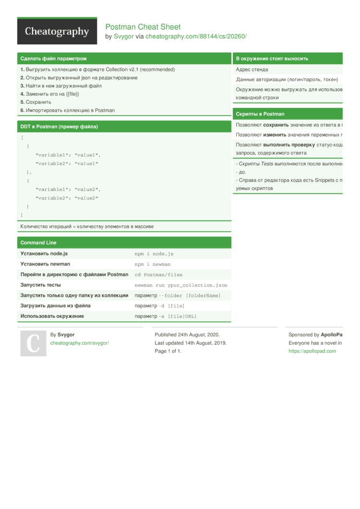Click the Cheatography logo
[57, 32]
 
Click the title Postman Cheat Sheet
[143, 27]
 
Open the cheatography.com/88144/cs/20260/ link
[196, 36]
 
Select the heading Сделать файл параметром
[53, 59]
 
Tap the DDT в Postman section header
[59, 127]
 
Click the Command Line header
[38, 243]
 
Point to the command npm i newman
[153, 264]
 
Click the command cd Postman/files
[158, 275]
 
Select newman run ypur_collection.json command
[181, 285]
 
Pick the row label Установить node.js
[44, 253]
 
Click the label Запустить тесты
[40, 285]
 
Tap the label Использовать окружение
[52, 316]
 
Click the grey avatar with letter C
[33, 343]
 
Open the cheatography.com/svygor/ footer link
[80, 343]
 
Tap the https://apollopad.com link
[312, 351]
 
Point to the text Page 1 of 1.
[168, 351]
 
